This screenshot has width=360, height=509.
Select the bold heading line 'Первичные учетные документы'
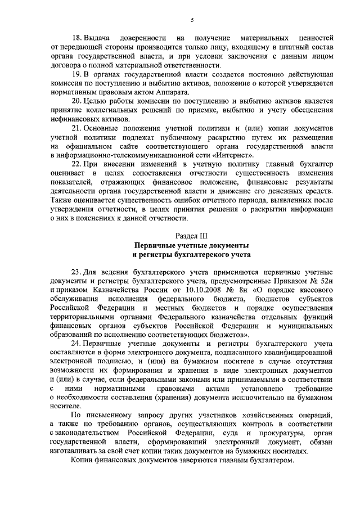(x=191, y=246)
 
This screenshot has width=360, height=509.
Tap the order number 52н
(x=326, y=280)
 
